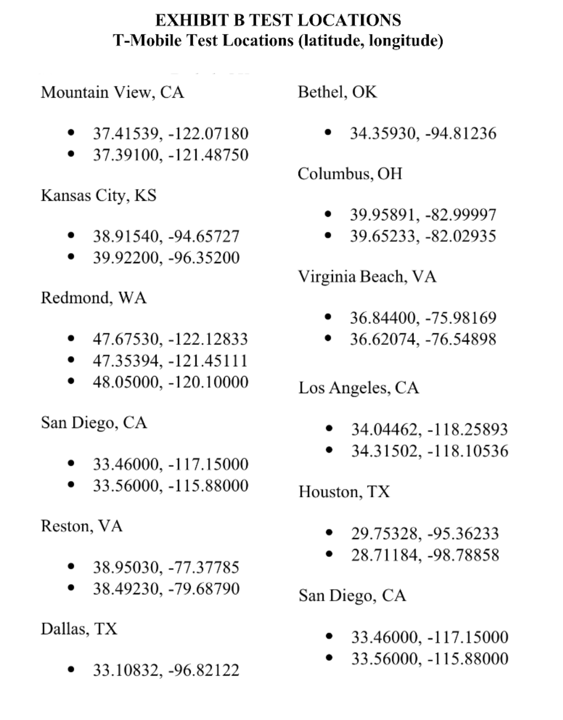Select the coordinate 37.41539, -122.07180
(x=170, y=134)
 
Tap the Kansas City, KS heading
(x=99, y=195)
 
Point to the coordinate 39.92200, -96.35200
(x=166, y=257)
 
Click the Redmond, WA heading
(x=94, y=298)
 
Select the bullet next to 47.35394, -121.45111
(x=71, y=360)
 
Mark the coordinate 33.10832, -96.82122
(x=166, y=670)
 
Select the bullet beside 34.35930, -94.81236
(x=328, y=132)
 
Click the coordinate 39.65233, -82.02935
(x=423, y=236)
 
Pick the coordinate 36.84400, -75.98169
(x=423, y=318)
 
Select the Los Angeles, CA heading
(x=359, y=388)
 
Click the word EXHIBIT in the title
(x=192, y=21)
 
